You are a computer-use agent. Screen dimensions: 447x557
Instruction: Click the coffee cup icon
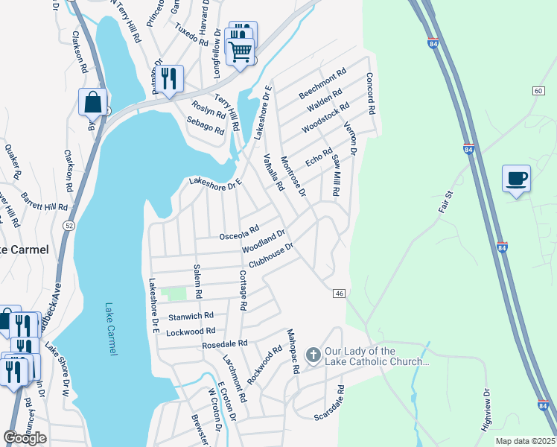coord(516,179)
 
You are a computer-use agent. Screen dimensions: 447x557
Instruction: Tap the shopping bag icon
coord(92,102)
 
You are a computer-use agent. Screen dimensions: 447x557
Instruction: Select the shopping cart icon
coord(241,51)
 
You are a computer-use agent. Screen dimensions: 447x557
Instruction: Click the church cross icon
coord(313,356)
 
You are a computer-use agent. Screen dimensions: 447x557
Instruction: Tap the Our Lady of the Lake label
coord(377,356)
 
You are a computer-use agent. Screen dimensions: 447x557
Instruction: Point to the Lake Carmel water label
coord(110,329)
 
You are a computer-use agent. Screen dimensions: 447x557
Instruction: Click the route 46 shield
coord(339,294)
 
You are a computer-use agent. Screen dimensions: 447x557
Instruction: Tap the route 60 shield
coord(538,90)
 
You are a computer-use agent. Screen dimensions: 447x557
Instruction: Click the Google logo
coord(25,438)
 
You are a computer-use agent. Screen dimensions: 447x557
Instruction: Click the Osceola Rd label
coord(239,233)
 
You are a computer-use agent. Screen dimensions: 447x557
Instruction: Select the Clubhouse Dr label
coord(273,253)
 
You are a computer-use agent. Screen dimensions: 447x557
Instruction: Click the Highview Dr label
coord(487,406)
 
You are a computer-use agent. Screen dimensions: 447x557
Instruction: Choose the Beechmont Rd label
coord(322,85)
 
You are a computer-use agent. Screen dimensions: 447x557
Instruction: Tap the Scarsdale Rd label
coord(340,400)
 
